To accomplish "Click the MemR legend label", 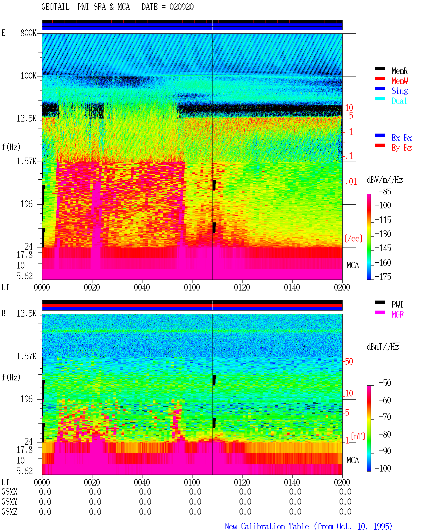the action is click(x=399, y=71).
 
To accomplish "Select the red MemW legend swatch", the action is click(x=380, y=78).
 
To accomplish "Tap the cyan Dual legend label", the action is click(x=399, y=101).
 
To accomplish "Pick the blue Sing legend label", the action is click(x=399, y=91).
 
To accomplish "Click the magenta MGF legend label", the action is click(x=397, y=315).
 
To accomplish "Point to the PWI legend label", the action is click(x=397, y=305).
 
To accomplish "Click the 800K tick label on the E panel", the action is click(x=28, y=33).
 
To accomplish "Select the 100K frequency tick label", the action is click(x=28, y=76).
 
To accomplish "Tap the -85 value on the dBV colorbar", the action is click(x=385, y=191).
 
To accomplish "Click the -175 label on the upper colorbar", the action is click(x=383, y=277).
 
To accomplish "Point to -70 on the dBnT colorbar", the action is click(x=385, y=417).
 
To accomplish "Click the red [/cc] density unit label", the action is click(x=353, y=238).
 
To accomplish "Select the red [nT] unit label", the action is click(x=358, y=436).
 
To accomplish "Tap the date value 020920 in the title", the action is click(x=181, y=7).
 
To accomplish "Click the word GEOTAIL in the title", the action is click(x=55, y=7).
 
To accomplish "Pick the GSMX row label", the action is click(x=9, y=492).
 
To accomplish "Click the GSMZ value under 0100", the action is click(x=195, y=512).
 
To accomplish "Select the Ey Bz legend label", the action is click(x=402, y=148).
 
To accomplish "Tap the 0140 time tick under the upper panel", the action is click(x=292, y=288).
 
